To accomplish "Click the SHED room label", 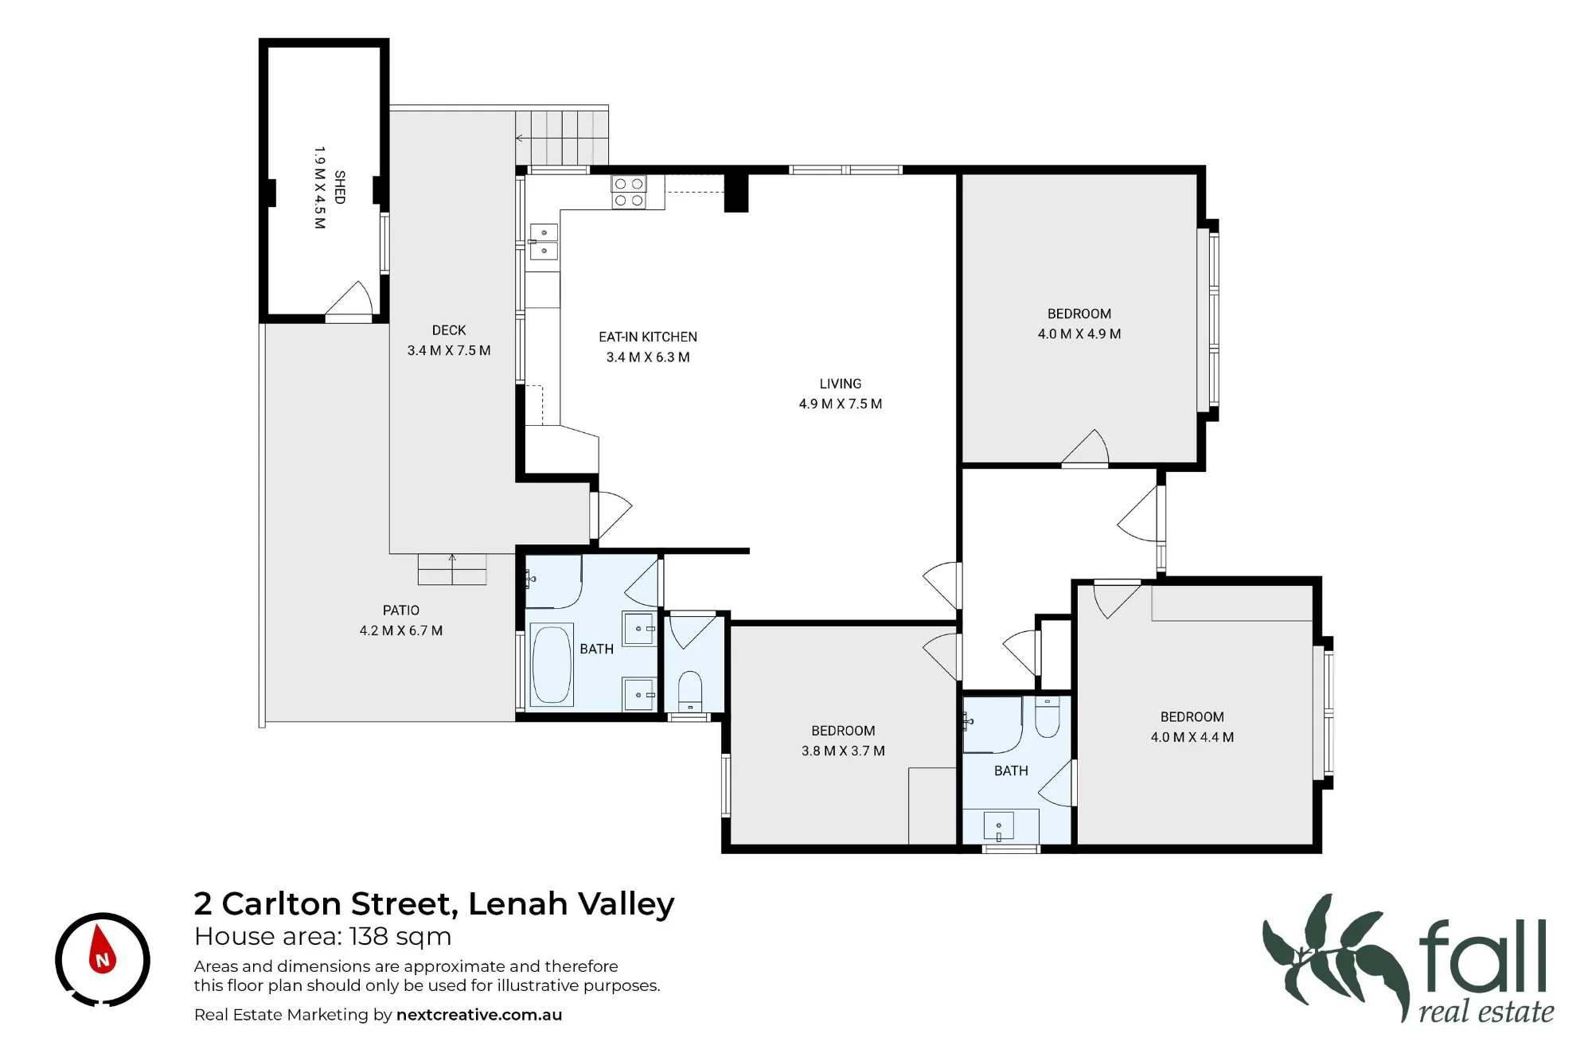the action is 340,187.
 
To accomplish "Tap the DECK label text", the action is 449,330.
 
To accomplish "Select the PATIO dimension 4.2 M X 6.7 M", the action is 401,630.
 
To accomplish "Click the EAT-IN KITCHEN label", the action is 648,337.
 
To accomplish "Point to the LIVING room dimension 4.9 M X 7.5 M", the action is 841,404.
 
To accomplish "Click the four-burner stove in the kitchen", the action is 629,193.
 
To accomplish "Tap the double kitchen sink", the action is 544,242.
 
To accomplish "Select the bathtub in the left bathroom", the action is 552,665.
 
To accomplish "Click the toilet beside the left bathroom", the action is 690,691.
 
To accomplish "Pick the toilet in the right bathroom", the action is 1047,716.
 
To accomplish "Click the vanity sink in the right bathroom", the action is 999,826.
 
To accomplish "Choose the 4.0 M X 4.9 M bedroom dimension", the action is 1079,334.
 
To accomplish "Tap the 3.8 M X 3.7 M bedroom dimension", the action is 843,751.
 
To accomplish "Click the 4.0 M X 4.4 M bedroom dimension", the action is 1192,737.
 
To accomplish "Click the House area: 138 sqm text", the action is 322,937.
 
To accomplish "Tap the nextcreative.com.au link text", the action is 479,1015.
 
